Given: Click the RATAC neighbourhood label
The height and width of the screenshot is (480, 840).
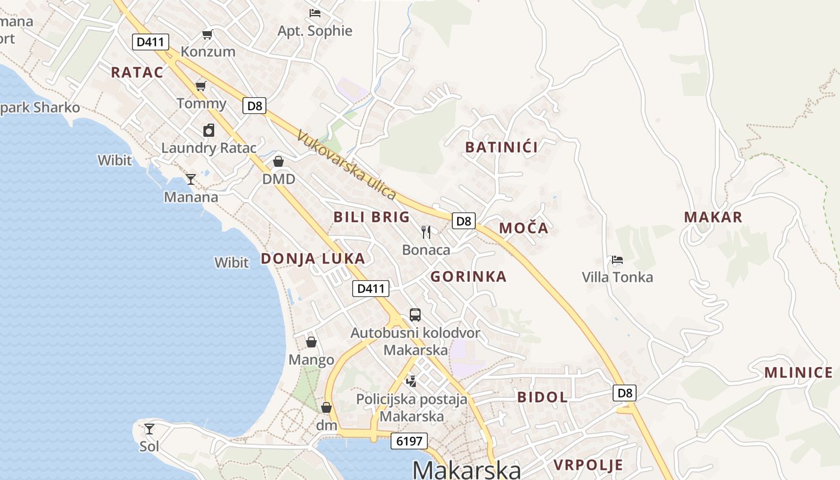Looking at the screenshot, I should (137, 73).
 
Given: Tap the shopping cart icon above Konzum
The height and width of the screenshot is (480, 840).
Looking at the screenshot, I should (207, 35).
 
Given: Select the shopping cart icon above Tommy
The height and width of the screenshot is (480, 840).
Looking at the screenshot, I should (200, 86).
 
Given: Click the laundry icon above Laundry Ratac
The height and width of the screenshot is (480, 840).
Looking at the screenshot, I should (208, 130).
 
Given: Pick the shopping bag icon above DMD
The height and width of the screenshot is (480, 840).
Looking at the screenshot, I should (278, 161).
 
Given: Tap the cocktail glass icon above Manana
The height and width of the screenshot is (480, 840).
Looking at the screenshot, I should (191, 179).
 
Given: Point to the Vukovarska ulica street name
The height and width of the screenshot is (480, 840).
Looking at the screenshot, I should (346, 165).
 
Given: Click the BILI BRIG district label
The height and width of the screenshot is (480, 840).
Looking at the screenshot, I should (371, 217).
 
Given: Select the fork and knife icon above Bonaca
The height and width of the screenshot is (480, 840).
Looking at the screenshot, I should (426, 232).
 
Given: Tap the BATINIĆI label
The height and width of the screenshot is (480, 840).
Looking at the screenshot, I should (502, 147).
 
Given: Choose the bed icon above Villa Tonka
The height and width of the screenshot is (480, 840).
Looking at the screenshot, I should (617, 260).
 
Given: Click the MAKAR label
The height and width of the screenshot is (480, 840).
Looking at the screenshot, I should (713, 217).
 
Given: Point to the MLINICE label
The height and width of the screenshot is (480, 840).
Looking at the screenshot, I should (798, 373).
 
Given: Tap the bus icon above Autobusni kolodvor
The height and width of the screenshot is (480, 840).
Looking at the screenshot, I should (415, 314).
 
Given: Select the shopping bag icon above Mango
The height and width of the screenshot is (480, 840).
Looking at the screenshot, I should (311, 342).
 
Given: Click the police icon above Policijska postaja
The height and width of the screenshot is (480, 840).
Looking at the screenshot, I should (412, 380).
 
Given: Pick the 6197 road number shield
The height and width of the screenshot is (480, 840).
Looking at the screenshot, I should (410, 441).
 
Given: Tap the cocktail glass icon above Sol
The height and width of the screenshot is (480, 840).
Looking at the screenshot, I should (149, 429).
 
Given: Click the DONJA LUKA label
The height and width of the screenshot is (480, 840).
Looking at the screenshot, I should (313, 259).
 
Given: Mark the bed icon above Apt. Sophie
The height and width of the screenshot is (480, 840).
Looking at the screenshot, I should (315, 13).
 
